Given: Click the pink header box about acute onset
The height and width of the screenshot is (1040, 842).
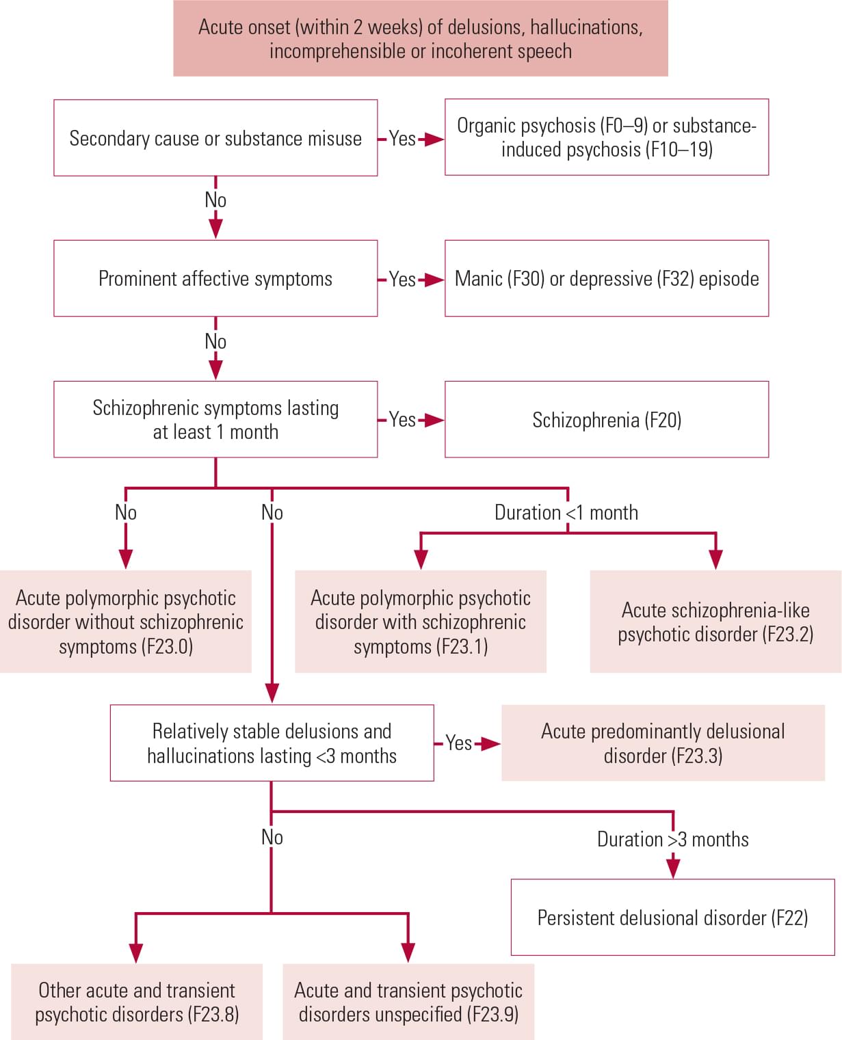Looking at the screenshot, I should point(420,38).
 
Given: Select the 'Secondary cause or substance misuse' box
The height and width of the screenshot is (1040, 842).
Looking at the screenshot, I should point(215,138).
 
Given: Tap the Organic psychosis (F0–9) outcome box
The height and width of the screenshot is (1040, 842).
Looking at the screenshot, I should point(607,137).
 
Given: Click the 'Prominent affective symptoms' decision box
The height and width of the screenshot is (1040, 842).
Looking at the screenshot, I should point(215,278).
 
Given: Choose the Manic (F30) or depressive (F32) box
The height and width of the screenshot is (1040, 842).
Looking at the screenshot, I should point(607,278).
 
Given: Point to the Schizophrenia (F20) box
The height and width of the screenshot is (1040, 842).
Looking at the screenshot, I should point(607,419).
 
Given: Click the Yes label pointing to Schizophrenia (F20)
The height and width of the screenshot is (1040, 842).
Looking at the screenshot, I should point(402,419).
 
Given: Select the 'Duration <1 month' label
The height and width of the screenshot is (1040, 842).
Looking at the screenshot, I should point(566,512).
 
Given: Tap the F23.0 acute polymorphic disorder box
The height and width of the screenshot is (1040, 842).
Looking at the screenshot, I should point(126,622).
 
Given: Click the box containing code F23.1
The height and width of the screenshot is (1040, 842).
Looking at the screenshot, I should point(421,622).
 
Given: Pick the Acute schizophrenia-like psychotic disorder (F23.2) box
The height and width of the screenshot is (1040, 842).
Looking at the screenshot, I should point(715,622).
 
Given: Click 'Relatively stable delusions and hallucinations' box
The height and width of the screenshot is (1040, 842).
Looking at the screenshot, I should point(272,743).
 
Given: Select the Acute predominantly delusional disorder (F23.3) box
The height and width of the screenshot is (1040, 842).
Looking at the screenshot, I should point(663,743).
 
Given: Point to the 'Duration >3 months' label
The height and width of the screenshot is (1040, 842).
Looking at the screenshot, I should point(672,839).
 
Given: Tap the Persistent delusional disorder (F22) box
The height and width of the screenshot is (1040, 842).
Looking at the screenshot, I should point(672,917).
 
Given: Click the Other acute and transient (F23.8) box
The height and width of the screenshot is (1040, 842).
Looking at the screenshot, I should point(137,1002).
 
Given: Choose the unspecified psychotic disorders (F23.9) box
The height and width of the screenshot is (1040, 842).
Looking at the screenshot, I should point(408,1002).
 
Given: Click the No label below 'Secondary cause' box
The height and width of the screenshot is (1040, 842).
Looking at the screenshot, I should point(215,200).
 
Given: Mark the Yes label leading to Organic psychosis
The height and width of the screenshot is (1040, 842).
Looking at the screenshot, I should point(402,139).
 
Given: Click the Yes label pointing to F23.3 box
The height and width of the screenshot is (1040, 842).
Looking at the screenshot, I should point(458,743).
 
